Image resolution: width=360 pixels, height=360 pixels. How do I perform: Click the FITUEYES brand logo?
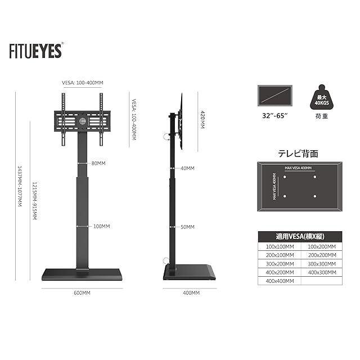(36, 51)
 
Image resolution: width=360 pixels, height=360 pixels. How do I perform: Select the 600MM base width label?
(82, 293)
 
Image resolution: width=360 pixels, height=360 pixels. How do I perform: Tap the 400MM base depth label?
(191, 293)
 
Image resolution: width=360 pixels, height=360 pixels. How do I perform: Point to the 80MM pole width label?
(98, 163)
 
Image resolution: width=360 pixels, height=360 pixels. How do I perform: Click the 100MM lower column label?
(101, 226)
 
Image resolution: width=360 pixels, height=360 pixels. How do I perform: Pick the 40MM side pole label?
(187, 168)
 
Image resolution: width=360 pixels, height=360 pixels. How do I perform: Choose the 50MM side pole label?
(187, 227)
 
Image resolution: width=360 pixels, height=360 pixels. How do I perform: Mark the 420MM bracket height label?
(202, 119)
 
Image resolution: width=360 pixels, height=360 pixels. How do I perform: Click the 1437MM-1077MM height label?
(20, 186)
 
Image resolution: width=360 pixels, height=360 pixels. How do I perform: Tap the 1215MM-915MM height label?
(34, 201)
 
